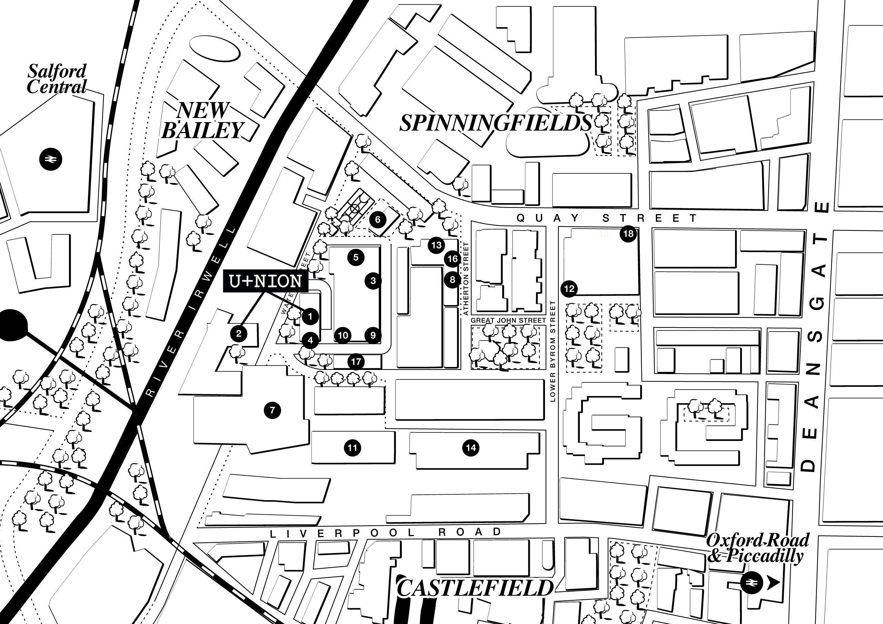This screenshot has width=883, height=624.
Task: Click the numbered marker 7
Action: (x=272, y=410)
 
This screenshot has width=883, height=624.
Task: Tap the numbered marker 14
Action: (x=471, y=447)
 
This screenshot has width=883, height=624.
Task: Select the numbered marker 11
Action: (x=352, y=447)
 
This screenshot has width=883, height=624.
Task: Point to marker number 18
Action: (x=628, y=234)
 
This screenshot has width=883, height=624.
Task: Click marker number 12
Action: (x=569, y=288)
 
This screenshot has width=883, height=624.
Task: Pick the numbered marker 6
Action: (x=378, y=220)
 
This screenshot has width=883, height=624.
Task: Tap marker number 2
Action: (x=238, y=333)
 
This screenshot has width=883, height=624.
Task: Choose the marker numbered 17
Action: (x=356, y=361)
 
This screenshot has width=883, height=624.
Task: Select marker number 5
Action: (x=356, y=257)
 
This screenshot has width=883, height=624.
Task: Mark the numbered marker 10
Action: (x=343, y=335)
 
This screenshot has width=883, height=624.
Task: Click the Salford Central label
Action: (x=57, y=79)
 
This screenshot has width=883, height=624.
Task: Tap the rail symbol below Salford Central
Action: (x=50, y=159)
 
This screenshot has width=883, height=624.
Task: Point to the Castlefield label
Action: (x=475, y=588)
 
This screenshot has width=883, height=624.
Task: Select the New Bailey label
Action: (x=203, y=120)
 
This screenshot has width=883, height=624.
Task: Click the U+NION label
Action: (x=265, y=281)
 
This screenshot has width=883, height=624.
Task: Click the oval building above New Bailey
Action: (x=214, y=49)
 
